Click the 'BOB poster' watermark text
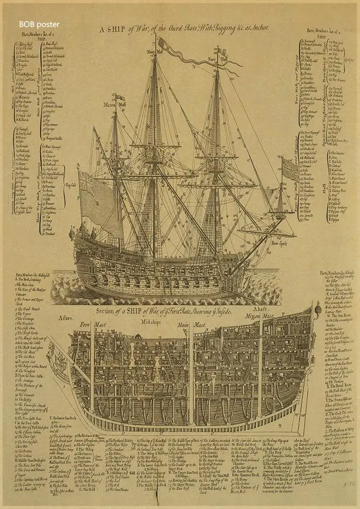click(x=39, y=24)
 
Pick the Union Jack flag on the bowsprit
click(x=290, y=169)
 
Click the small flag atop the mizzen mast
click(x=120, y=97)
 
